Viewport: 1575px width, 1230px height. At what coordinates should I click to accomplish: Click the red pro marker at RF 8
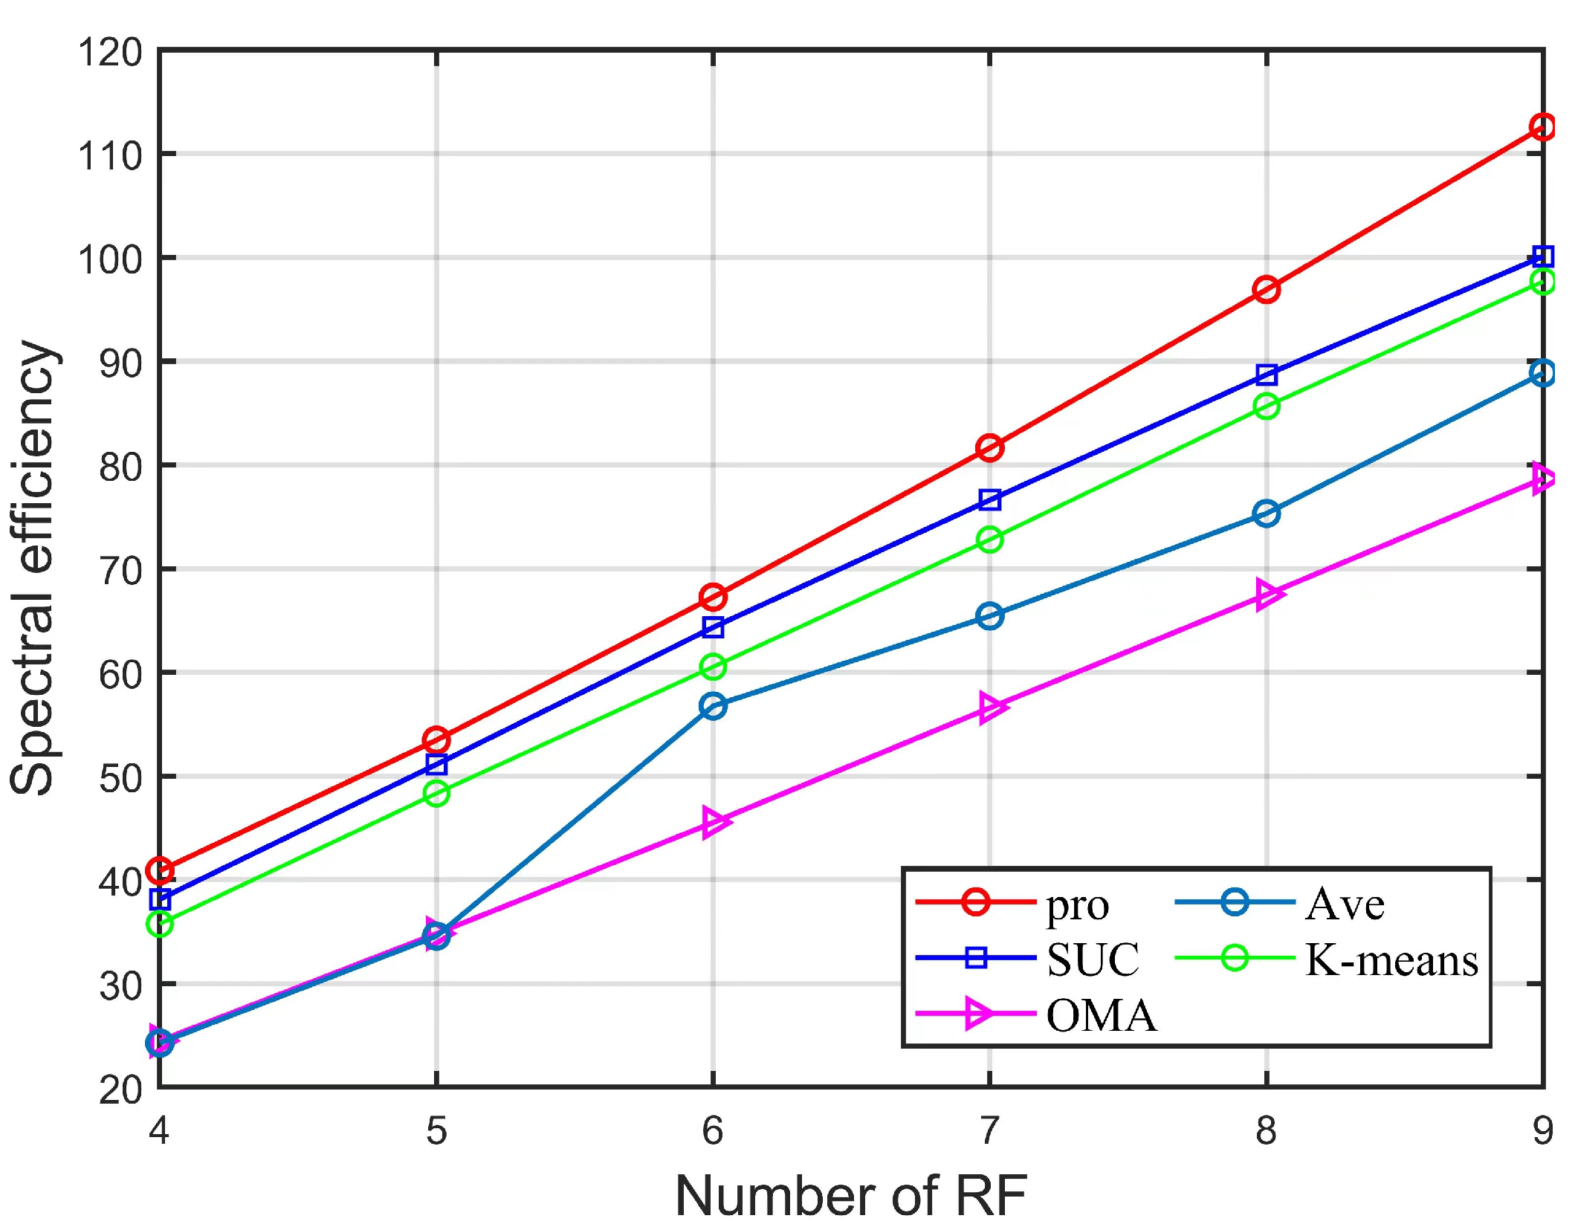[1266, 289]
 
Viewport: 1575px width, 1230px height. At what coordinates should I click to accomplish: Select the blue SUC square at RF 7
[989, 499]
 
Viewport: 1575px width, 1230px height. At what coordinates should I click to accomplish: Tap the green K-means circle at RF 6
[713, 667]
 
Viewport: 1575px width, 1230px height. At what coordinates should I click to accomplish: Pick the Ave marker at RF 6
[713, 705]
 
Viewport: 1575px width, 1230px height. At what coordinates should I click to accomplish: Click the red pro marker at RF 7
[989, 447]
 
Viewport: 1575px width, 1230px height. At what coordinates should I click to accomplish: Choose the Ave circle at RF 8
[1266, 513]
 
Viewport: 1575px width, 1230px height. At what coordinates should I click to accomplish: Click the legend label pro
[1077, 905]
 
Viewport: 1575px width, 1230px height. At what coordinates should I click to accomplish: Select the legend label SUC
[1093, 959]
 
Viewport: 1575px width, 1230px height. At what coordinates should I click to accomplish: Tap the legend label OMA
[1102, 1015]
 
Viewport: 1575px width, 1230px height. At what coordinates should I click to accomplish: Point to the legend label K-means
[1391, 959]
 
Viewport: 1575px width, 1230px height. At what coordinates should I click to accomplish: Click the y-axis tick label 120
[110, 53]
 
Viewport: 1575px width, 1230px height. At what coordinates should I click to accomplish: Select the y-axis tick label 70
[120, 571]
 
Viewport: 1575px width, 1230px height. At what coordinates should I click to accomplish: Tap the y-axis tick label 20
[120, 1090]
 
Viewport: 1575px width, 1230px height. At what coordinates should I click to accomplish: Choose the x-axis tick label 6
[712, 1131]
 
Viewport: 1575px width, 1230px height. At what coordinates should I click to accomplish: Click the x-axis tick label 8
[1266, 1131]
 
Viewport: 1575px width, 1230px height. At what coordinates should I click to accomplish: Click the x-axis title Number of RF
[850, 1197]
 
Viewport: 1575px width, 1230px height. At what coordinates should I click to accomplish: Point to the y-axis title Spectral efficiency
[33, 568]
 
